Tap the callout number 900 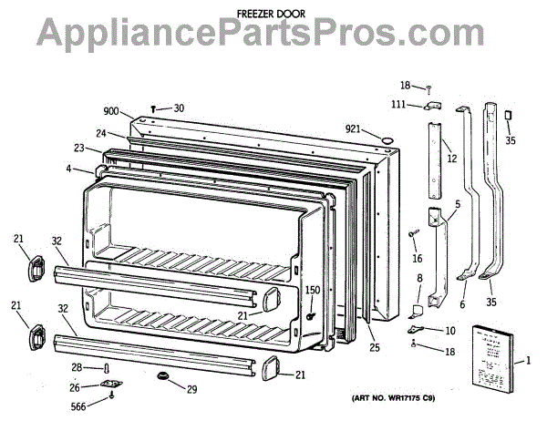(x=111, y=111)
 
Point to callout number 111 (x=399, y=106)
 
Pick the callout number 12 (x=450, y=159)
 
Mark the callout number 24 (x=101, y=134)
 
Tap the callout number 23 (x=80, y=148)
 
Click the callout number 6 (x=461, y=306)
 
